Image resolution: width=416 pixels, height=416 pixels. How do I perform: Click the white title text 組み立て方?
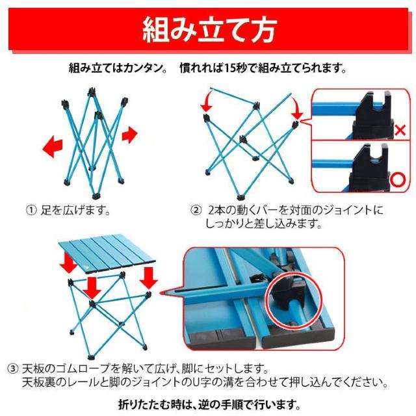pos(209,30)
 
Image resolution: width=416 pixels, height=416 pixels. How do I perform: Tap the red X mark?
pos(400,131)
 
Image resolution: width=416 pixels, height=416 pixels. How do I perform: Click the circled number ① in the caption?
pos(31,211)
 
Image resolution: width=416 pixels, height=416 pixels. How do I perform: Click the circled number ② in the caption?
pos(195,211)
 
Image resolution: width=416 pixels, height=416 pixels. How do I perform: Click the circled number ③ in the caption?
pos(31,368)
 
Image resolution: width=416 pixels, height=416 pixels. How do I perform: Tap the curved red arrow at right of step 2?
pos(296,107)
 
